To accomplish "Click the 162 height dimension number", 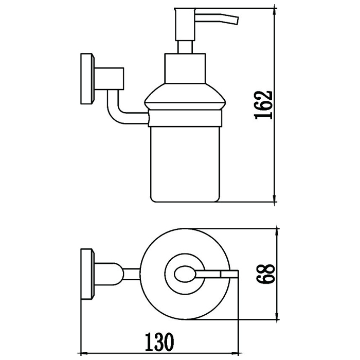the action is click(263, 105).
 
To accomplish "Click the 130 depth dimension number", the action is click(159, 341).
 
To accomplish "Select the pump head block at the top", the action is click(185, 25).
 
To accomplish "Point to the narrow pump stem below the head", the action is click(185, 47).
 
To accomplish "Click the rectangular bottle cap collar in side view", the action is click(185, 68).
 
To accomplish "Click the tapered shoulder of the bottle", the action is click(185, 97).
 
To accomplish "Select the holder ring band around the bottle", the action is click(185, 118).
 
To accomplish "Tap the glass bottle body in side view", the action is click(185, 165).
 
